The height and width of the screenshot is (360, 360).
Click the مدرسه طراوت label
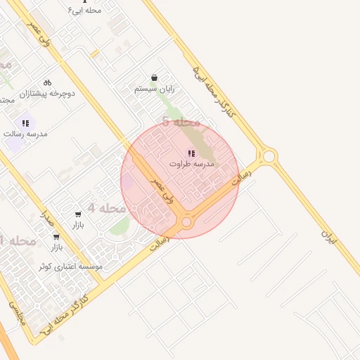pos(191,163)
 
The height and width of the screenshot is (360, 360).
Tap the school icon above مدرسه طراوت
pos(191,153)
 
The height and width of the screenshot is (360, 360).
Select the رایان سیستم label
pos(154,89)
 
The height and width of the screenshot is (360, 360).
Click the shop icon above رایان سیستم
pos(154,78)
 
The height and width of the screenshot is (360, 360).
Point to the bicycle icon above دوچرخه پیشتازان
pos(47,82)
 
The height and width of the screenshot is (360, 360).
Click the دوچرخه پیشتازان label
pos(47,93)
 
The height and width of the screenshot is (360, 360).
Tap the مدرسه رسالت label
pos(25,133)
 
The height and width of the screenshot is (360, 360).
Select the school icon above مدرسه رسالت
pos(25,123)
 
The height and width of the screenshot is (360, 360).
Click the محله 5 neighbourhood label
pos(181,122)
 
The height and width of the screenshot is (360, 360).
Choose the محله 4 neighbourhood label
pos(107,208)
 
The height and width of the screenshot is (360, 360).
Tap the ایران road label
pos(330,237)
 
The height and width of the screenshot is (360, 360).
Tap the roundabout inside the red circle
pos(186,222)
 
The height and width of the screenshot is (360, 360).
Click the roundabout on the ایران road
pos(268,155)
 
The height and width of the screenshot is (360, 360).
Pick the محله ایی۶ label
pos(84,10)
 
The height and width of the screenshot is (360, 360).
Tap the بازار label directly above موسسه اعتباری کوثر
pos(56,247)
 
